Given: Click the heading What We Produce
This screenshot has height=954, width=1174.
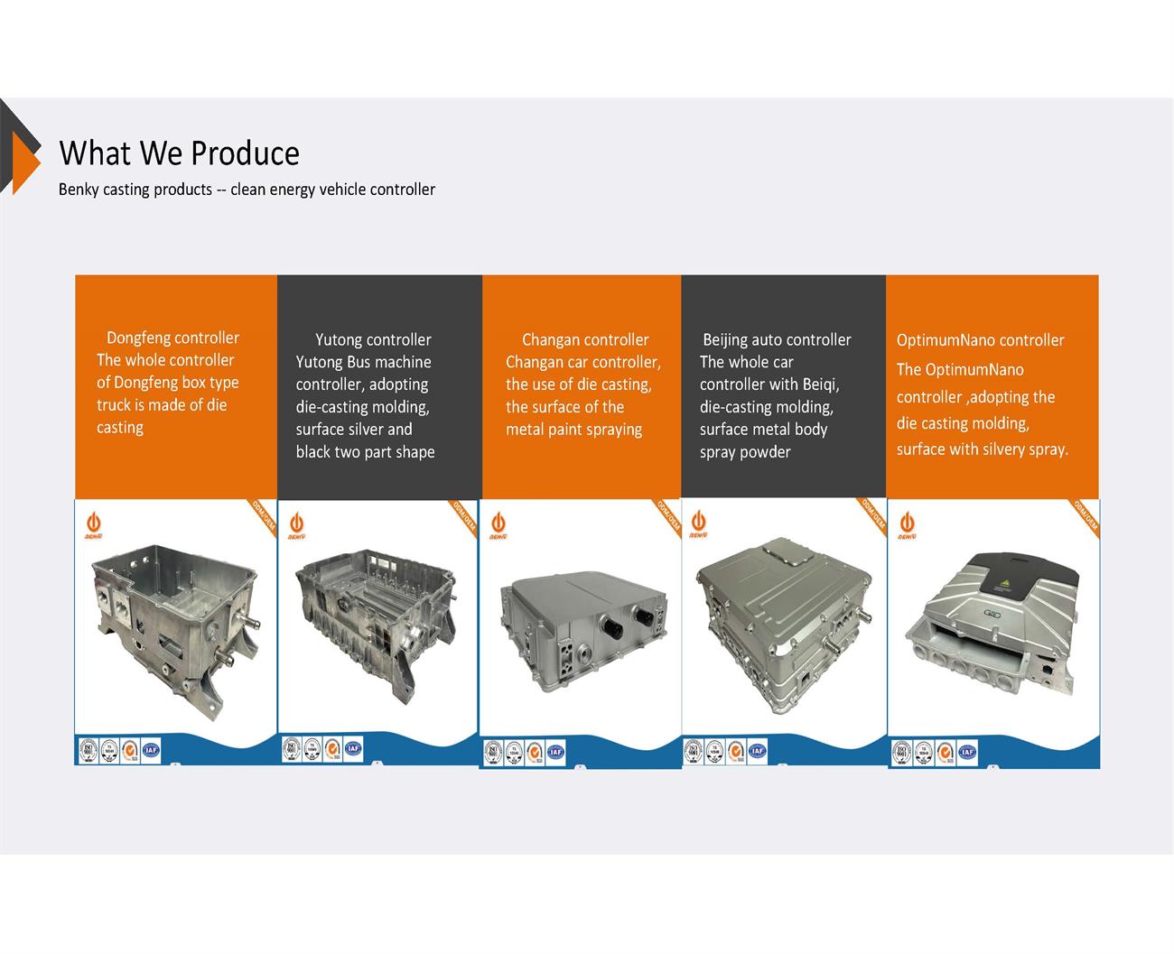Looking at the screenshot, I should (x=179, y=153).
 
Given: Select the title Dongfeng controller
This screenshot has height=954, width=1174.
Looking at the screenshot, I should (x=172, y=338).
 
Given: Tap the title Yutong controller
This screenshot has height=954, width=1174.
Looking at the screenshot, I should (x=373, y=339).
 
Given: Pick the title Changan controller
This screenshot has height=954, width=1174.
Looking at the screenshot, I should (x=585, y=339).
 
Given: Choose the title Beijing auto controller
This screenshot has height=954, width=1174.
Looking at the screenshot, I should (x=777, y=339).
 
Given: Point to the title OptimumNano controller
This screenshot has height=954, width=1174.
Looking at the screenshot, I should (x=980, y=340).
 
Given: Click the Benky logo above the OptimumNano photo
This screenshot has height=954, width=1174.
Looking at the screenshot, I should (x=906, y=525).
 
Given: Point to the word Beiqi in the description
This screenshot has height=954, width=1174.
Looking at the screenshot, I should (x=819, y=384).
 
